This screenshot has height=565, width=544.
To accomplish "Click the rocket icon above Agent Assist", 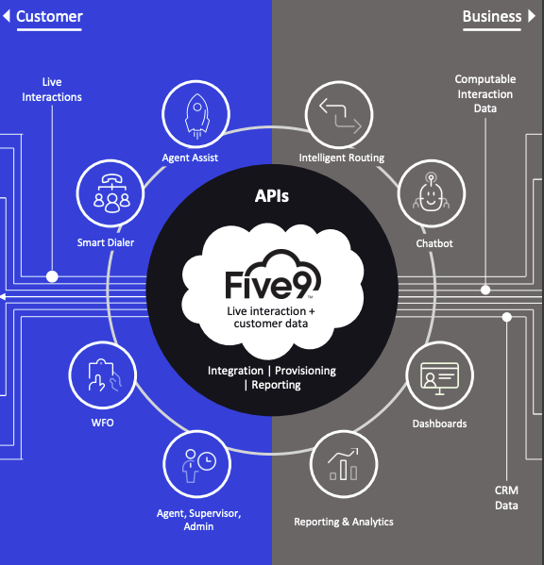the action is tap(197, 116).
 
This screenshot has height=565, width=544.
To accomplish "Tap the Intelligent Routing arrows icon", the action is tap(340, 115).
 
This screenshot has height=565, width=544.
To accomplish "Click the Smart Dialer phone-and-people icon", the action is tap(111, 193).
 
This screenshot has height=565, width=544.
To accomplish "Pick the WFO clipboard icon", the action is tap(105, 374).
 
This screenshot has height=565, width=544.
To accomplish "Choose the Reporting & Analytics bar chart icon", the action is tap(344, 464).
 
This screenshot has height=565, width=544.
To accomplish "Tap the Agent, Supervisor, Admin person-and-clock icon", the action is tap(198, 465).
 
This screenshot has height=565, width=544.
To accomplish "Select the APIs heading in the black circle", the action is tap(272, 196).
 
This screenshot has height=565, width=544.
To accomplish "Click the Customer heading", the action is tap(49, 17).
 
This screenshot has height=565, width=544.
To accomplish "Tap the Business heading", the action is tap(492, 17).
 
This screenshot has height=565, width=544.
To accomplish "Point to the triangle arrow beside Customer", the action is tap(7, 16).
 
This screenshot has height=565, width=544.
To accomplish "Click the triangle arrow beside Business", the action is tap(532, 16).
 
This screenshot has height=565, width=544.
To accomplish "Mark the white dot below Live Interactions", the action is tap(52, 276).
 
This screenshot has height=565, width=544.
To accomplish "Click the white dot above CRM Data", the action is tap(507, 317).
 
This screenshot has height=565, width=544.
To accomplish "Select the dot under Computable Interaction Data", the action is tap(485, 290).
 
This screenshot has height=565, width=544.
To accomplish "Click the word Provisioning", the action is tap(306, 371).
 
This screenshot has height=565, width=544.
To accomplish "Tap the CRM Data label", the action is tap(506, 498).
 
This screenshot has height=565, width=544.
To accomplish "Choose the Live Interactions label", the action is tap(52, 90).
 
